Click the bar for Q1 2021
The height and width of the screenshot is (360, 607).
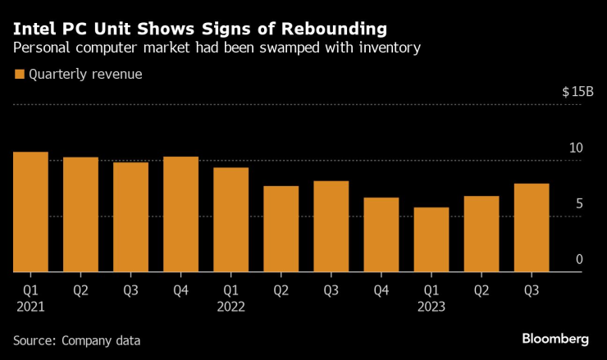31,212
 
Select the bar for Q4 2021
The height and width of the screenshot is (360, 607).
180,214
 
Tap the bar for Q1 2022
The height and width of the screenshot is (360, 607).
230,220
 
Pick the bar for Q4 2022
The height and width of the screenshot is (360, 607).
381,235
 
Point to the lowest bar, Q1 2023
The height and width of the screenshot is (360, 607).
431,239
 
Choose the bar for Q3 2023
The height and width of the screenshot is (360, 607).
532,227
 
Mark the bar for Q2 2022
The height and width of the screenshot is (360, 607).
281,229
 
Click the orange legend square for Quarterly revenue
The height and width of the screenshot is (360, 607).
20,75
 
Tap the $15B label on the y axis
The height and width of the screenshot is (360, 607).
577,92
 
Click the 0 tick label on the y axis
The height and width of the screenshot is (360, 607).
578,260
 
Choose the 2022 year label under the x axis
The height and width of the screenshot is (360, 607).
230,307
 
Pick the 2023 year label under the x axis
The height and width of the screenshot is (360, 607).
431,307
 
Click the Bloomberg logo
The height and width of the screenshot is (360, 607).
555,339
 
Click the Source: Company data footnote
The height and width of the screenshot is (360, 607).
76,339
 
